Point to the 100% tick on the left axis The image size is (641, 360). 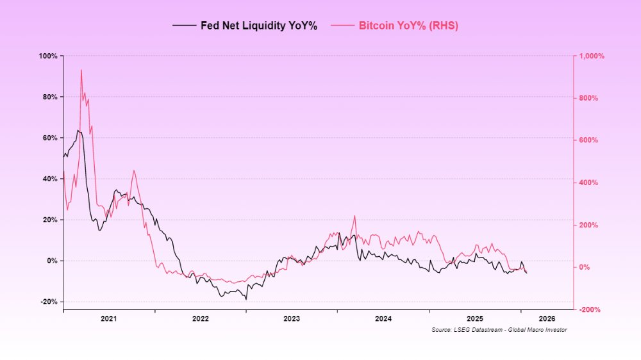click(x=49, y=56)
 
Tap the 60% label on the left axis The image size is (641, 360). click(x=50, y=138)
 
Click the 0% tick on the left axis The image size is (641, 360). click(x=53, y=261)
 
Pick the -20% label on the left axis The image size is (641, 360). click(x=49, y=302)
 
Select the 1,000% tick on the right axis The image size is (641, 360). click(x=591, y=56)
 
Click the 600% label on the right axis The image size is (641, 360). click(x=588, y=140)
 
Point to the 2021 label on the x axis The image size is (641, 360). click(x=108, y=318)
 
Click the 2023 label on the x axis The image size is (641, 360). click(x=292, y=318)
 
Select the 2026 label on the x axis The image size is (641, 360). click(x=547, y=318)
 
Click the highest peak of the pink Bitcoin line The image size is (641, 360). click(x=81, y=70)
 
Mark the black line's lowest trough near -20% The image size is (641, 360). click(x=246, y=299)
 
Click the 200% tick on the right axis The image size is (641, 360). click(x=588, y=225)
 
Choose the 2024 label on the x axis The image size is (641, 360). click(x=383, y=318)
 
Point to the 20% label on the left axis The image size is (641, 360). click(x=50, y=220)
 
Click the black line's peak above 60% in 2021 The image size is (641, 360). click(x=78, y=131)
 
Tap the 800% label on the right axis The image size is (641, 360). click(x=588, y=98)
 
